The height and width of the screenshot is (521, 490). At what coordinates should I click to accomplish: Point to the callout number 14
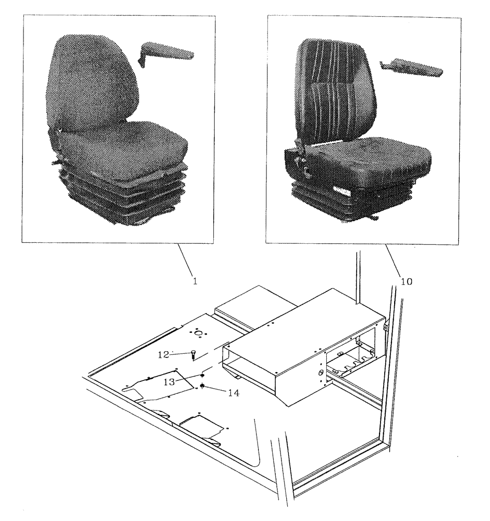coord(234,393)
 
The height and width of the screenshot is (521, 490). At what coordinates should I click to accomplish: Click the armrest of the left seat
coord(166,53)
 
